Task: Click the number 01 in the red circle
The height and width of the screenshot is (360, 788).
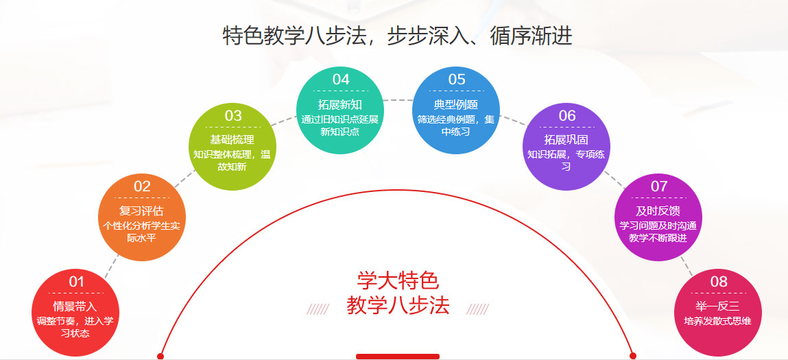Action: [76, 282]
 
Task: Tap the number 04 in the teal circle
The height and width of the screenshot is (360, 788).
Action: [341, 80]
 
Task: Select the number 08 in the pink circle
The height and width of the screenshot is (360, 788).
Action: [719, 282]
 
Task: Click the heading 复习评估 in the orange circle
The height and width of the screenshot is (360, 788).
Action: [141, 211]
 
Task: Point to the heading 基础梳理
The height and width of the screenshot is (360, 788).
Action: [232, 141]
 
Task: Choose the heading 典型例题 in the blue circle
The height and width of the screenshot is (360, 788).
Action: [456, 105]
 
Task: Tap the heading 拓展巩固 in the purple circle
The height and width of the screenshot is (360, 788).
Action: [566, 141]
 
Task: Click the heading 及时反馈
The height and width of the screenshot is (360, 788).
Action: [658, 211]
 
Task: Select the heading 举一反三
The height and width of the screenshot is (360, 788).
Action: [718, 306]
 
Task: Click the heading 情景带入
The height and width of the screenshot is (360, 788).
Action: [75, 306]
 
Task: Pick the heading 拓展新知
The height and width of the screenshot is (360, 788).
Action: [340, 105]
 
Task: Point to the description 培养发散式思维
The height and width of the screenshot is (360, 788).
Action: [718, 321]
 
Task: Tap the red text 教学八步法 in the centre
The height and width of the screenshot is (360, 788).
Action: [398, 306]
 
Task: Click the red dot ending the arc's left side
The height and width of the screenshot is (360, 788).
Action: [160, 357]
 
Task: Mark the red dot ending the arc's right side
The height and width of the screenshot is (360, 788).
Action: [633, 357]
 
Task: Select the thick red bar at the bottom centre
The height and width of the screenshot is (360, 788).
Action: [398, 357]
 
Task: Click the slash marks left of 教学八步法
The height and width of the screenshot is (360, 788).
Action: [318, 309]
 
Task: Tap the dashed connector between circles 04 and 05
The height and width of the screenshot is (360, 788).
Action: [398, 100]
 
